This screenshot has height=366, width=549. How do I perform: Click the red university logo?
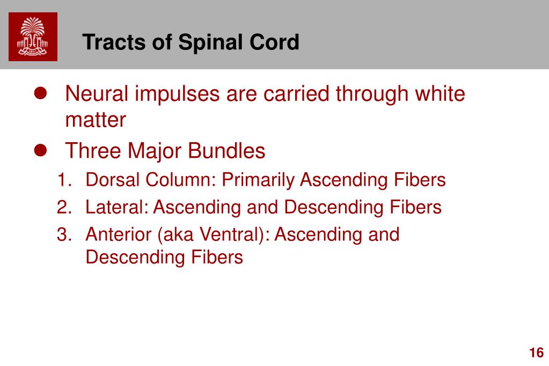pos(33,37)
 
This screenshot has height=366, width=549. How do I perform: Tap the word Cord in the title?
pos(274,42)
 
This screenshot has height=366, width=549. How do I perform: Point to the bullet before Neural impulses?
pos(40,93)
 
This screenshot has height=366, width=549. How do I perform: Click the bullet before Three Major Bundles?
pos(40,150)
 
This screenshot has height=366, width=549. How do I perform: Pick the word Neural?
pos(97,94)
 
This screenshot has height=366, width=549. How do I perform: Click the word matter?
pos(96,120)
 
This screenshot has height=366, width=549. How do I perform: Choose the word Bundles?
pos(226,151)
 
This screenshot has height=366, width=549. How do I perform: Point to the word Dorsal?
pos(113,180)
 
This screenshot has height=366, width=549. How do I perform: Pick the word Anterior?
pos(119,235)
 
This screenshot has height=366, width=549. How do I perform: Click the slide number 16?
pos(537,353)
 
